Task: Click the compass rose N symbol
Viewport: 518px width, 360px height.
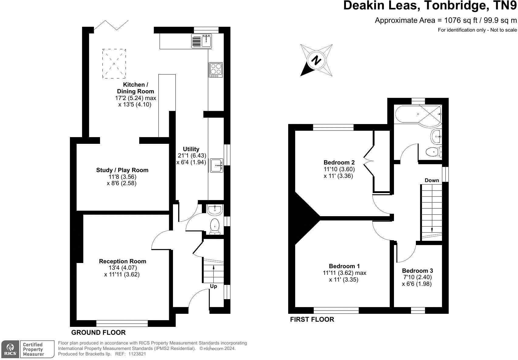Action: click(x=316, y=61)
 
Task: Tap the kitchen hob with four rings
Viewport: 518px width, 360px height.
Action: click(x=216, y=70)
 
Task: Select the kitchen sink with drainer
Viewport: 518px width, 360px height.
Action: click(x=202, y=41)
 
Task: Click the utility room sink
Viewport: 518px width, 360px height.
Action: click(x=217, y=165)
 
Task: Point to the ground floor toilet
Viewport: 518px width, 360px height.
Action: click(x=215, y=226)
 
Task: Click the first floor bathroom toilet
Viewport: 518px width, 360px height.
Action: click(x=434, y=152)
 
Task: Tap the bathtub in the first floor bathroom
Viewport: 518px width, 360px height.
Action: click(x=418, y=115)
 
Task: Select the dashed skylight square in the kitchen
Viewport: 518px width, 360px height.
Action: click(x=114, y=64)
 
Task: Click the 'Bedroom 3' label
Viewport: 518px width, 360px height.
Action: click(x=417, y=271)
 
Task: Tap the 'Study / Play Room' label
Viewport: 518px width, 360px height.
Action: click(x=122, y=170)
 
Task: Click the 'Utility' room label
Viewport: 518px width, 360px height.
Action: click(x=191, y=149)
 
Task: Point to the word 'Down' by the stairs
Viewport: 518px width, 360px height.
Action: click(x=432, y=180)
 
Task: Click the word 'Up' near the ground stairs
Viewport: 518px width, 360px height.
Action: click(x=213, y=286)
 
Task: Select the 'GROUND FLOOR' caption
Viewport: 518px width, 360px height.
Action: click(x=98, y=332)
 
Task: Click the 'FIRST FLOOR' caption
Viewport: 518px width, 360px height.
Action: click(x=312, y=320)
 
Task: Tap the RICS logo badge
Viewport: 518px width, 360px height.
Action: click(x=10, y=349)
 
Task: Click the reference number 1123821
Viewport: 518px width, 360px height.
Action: click(x=137, y=354)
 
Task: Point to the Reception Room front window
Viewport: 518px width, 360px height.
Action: click(x=122, y=324)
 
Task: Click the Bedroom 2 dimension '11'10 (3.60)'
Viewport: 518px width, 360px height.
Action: click(x=339, y=169)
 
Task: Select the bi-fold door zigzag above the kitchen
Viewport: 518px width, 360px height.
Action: click(x=111, y=25)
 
